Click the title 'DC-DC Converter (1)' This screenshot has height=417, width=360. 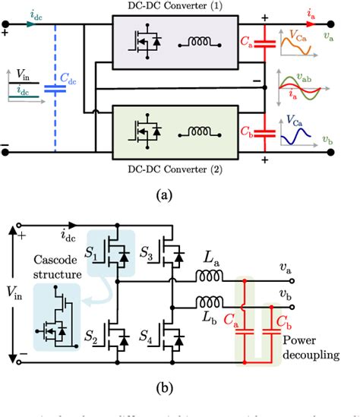179,6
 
